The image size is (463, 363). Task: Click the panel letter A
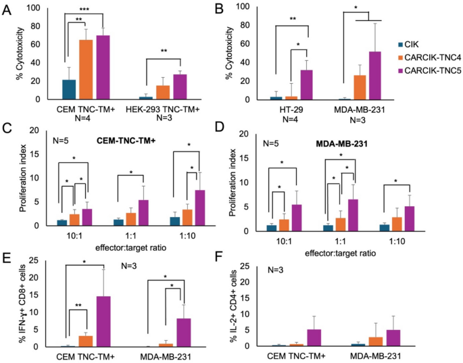[7, 8]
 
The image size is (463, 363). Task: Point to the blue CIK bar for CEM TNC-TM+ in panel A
[68, 90]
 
